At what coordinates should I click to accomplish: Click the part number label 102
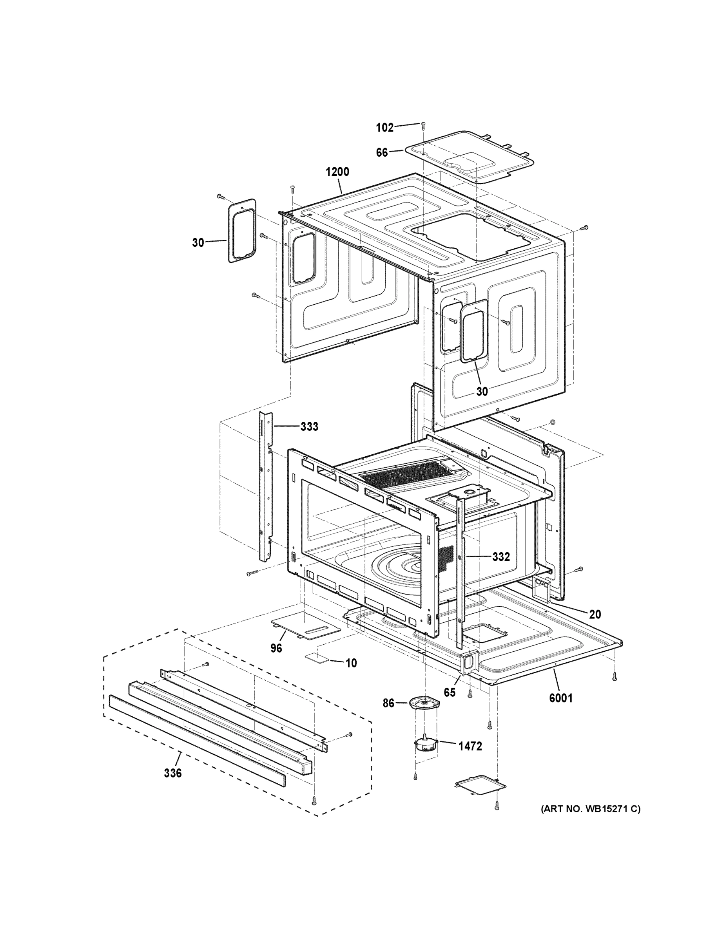point(384,127)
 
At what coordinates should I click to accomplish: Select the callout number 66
point(382,152)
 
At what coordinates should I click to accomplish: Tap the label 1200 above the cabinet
point(337,172)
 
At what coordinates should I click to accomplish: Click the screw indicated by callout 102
point(423,125)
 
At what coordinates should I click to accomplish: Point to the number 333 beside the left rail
point(309,427)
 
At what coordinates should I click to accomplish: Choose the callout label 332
point(501,557)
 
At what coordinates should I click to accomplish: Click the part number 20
point(595,615)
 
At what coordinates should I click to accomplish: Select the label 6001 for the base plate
point(561,698)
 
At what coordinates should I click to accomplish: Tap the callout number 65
point(450,692)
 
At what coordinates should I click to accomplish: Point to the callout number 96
point(276,648)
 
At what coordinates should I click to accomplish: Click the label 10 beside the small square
point(351,663)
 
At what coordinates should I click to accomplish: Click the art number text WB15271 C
point(591,809)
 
